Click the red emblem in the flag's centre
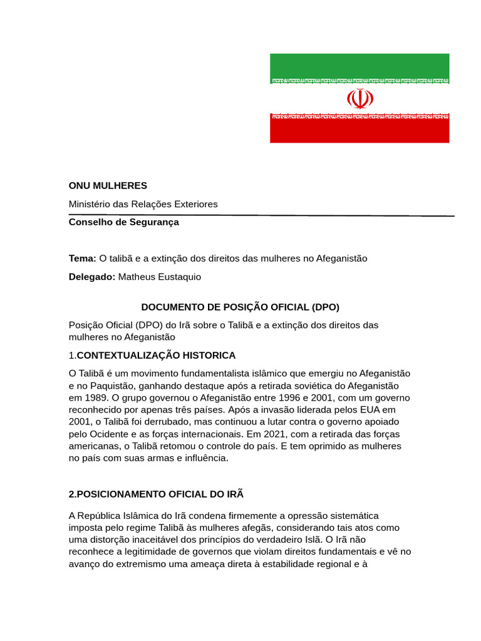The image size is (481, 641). pyautogui.click(x=359, y=98)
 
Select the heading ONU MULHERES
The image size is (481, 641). pyautogui.click(x=108, y=185)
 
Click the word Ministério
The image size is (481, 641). pyautogui.click(x=90, y=204)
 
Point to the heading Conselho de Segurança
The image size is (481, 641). pyautogui.click(x=123, y=222)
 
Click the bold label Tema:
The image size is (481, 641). pyautogui.click(x=82, y=258)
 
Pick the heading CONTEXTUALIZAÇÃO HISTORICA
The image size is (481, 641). pyautogui.click(x=156, y=356)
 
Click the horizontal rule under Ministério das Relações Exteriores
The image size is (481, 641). pyautogui.click(x=262, y=215)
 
